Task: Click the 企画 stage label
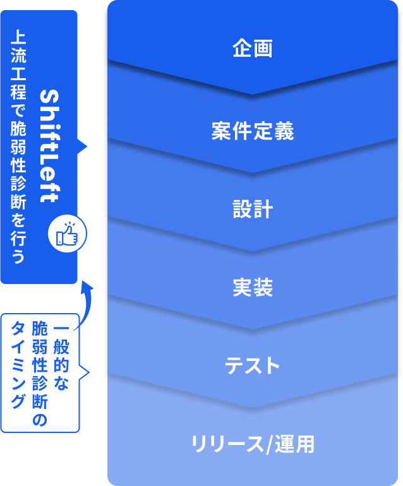pyautogui.click(x=252, y=49)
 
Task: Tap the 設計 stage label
pyautogui.click(x=252, y=210)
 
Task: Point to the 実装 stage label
pyautogui.click(x=252, y=288)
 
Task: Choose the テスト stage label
pyautogui.click(x=252, y=365)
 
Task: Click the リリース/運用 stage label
pyautogui.click(x=252, y=444)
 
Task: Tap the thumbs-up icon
pyautogui.click(x=67, y=235)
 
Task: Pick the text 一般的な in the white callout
pyautogui.click(x=61, y=357)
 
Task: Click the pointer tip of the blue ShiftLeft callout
pyautogui.click(x=86, y=148)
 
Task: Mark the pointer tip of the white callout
pyautogui.click(x=88, y=372)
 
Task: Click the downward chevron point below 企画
pyautogui.click(x=252, y=94)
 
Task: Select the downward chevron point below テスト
pyautogui.click(x=252, y=407)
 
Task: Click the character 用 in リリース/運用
pyautogui.click(x=304, y=444)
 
